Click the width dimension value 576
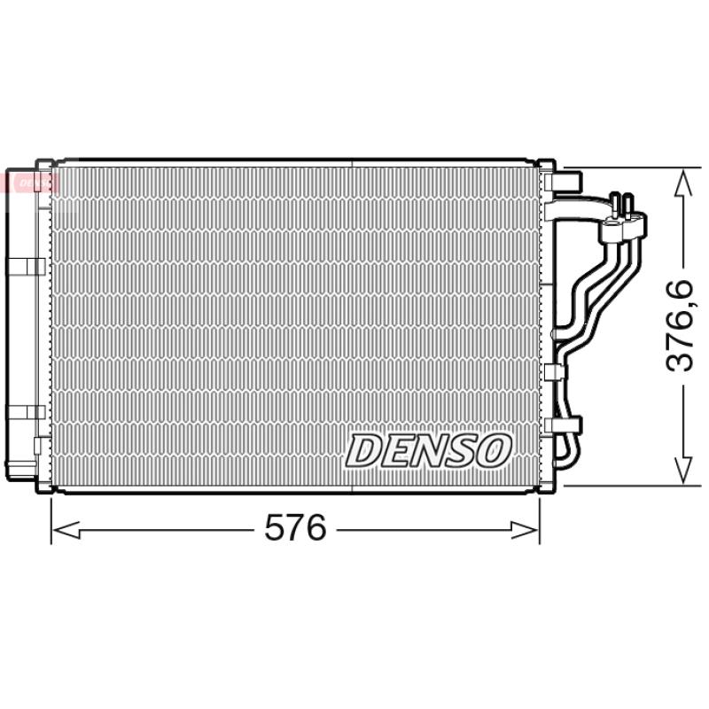coord(295,527)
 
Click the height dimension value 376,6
coord(680,325)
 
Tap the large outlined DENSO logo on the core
coord(429,450)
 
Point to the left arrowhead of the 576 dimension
coord(66,530)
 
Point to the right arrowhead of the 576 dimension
coord(525,530)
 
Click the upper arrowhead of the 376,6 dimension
coord(682,183)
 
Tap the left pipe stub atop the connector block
coord(614,205)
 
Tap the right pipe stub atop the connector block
coord(627,206)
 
